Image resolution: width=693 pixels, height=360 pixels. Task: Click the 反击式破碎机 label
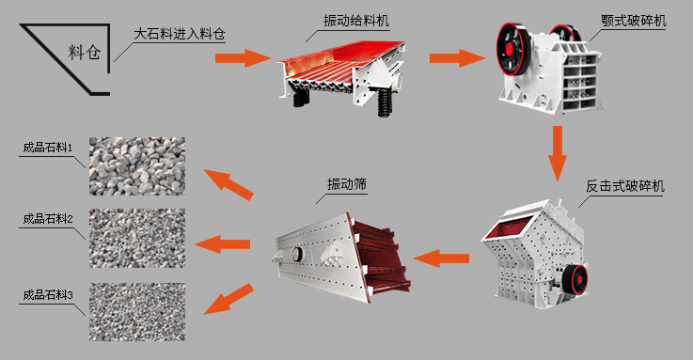tap(625, 186)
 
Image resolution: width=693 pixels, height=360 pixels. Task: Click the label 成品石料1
tap(49, 148)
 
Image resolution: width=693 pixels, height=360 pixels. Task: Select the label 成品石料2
tap(49, 219)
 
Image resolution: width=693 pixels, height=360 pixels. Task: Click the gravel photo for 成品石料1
tap(137, 165)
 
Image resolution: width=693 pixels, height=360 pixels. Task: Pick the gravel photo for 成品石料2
tap(137, 236)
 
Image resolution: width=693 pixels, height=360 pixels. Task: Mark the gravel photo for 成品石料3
tap(137, 311)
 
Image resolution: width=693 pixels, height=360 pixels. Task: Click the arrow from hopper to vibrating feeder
tap(235, 58)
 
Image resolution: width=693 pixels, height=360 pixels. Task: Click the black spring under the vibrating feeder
tap(385, 104)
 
